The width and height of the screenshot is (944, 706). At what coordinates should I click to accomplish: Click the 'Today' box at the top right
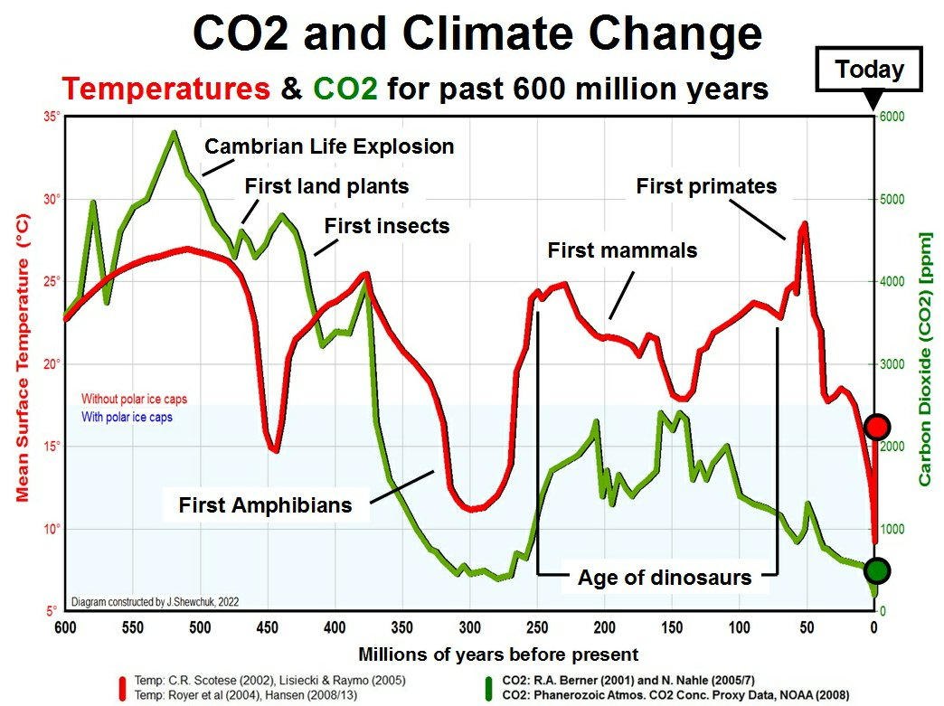tap(869, 70)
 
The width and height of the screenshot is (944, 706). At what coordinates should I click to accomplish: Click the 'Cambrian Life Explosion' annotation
tap(329, 146)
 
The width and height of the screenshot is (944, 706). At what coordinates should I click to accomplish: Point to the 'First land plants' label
tap(327, 187)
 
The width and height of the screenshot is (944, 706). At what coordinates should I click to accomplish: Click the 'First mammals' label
tap(622, 250)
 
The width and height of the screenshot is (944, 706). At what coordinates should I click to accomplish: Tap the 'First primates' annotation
tap(706, 187)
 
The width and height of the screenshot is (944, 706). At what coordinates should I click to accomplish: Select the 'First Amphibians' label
tap(265, 504)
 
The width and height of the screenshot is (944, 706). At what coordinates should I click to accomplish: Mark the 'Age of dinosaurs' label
tap(665, 577)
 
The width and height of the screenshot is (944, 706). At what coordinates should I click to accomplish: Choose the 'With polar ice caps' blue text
tap(127, 418)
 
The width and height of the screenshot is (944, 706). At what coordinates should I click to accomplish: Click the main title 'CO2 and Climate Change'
tap(477, 34)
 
